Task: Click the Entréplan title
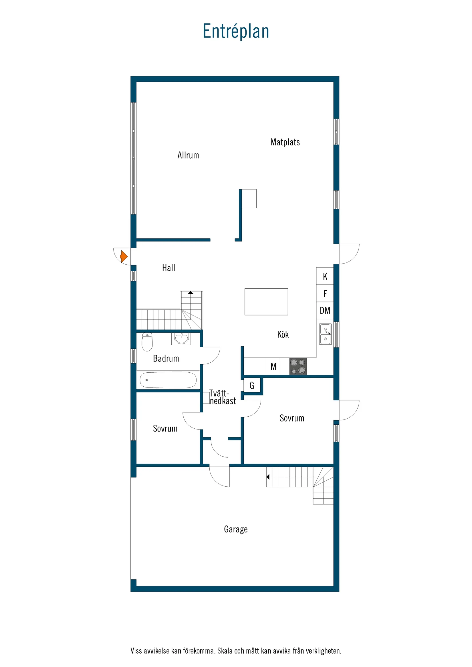(236, 31)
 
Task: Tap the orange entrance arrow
(124, 257)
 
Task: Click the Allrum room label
(188, 155)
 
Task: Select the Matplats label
(285, 142)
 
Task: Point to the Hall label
(168, 268)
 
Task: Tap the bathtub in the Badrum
(168, 380)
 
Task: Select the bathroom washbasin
(181, 338)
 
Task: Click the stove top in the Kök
(298, 366)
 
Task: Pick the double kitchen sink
(325, 334)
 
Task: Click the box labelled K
(325, 277)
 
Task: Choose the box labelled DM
(325, 311)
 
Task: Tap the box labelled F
(325, 294)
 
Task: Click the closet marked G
(252, 386)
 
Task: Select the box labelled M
(273, 367)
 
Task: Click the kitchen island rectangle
(266, 302)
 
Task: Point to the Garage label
(235, 529)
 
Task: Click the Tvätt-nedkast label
(223, 398)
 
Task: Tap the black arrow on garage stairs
(268, 477)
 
